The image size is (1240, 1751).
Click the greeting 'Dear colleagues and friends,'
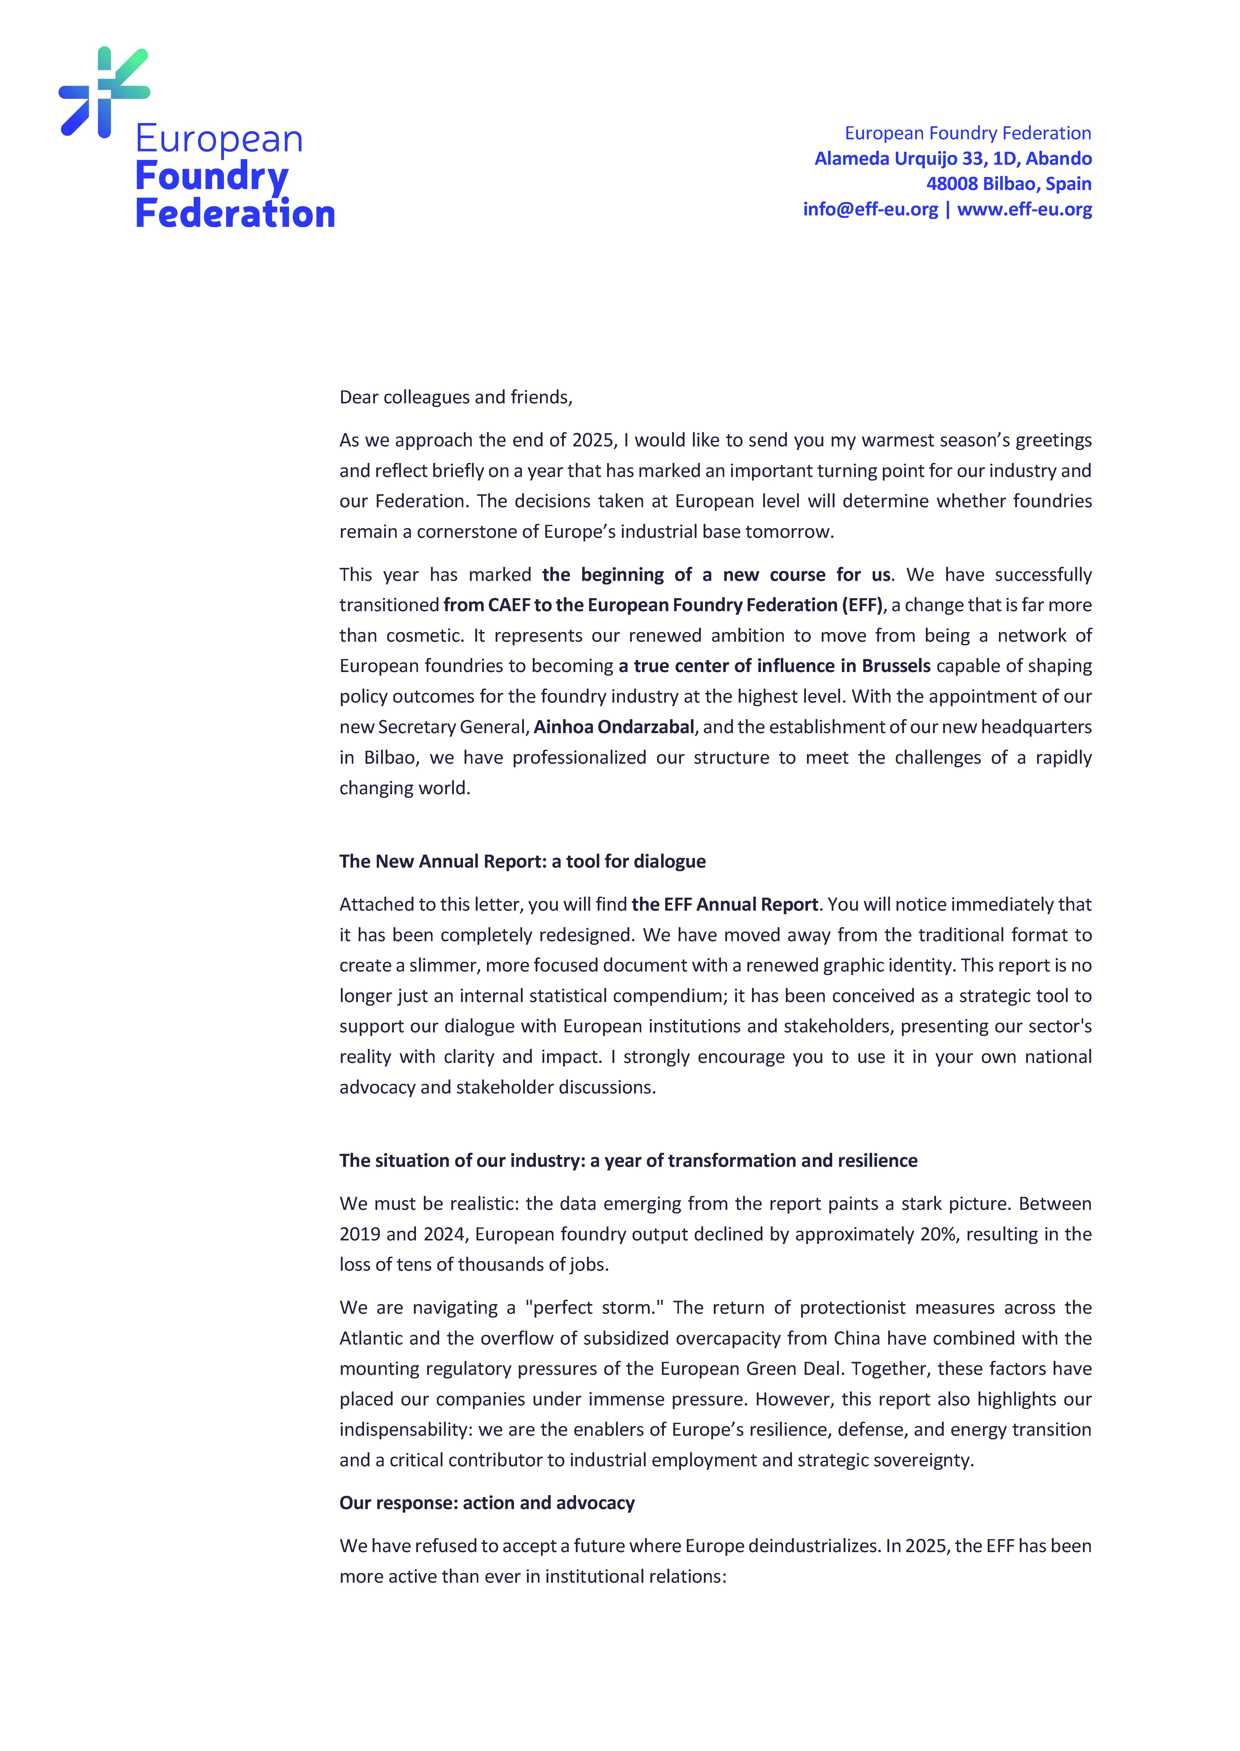456,397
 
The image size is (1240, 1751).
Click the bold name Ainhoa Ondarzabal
614,727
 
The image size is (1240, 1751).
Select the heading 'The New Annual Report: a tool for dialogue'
522,861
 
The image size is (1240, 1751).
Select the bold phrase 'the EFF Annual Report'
725,904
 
